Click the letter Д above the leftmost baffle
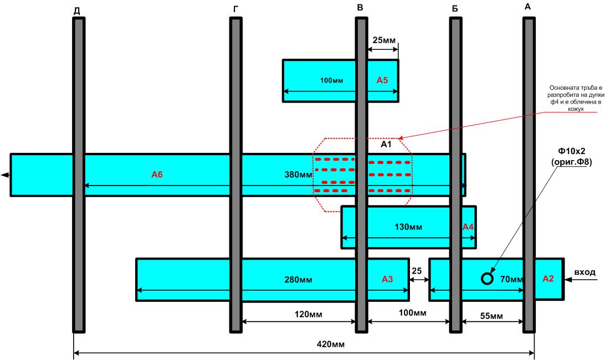(77, 11)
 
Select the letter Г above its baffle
(236, 9)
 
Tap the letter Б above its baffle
(455, 9)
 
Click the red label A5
(382, 80)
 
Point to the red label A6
(157, 174)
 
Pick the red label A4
(468, 227)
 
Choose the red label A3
(387, 279)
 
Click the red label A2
(548, 279)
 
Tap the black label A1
(386, 145)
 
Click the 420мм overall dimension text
(331, 344)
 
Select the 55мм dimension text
(491, 316)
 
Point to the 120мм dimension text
(308, 314)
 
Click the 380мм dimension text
(298, 175)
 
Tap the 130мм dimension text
(408, 227)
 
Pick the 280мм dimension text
(298, 279)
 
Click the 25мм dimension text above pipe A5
(384, 40)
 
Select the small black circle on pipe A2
(488, 279)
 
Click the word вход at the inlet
(585, 272)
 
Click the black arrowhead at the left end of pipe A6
(5, 175)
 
